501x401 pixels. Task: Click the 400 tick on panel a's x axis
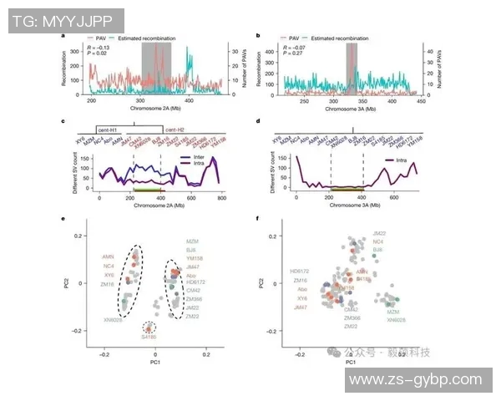(189, 99)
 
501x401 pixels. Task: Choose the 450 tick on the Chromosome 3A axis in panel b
(372, 99)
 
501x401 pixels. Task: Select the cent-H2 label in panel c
(175, 130)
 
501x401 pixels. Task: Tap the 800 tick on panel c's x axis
(221, 197)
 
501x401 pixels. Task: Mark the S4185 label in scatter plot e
(149, 337)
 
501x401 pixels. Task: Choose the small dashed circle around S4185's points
(149, 327)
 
